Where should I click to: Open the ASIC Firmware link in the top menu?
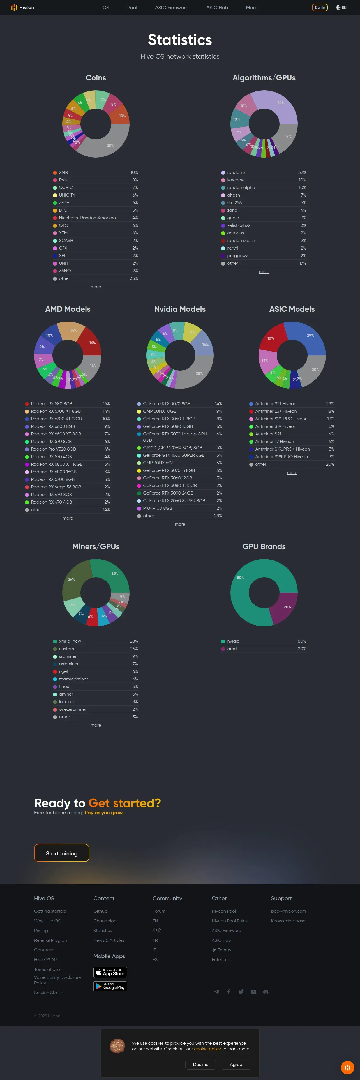click(x=171, y=8)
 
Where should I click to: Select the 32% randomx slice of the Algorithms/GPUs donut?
click(x=280, y=105)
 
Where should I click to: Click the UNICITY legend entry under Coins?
click(x=67, y=195)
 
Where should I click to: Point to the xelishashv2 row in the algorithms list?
click(x=239, y=225)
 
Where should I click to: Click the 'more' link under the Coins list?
click(x=96, y=287)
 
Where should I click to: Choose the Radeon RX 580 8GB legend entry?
click(x=51, y=404)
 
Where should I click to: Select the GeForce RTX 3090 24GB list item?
click(x=168, y=493)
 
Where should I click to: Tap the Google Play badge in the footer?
click(x=110, y=987)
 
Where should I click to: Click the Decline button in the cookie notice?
click(x=200, y=1064)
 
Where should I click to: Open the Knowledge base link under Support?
click(x=288, y=921)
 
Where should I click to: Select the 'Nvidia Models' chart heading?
click(x=180, y=309)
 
